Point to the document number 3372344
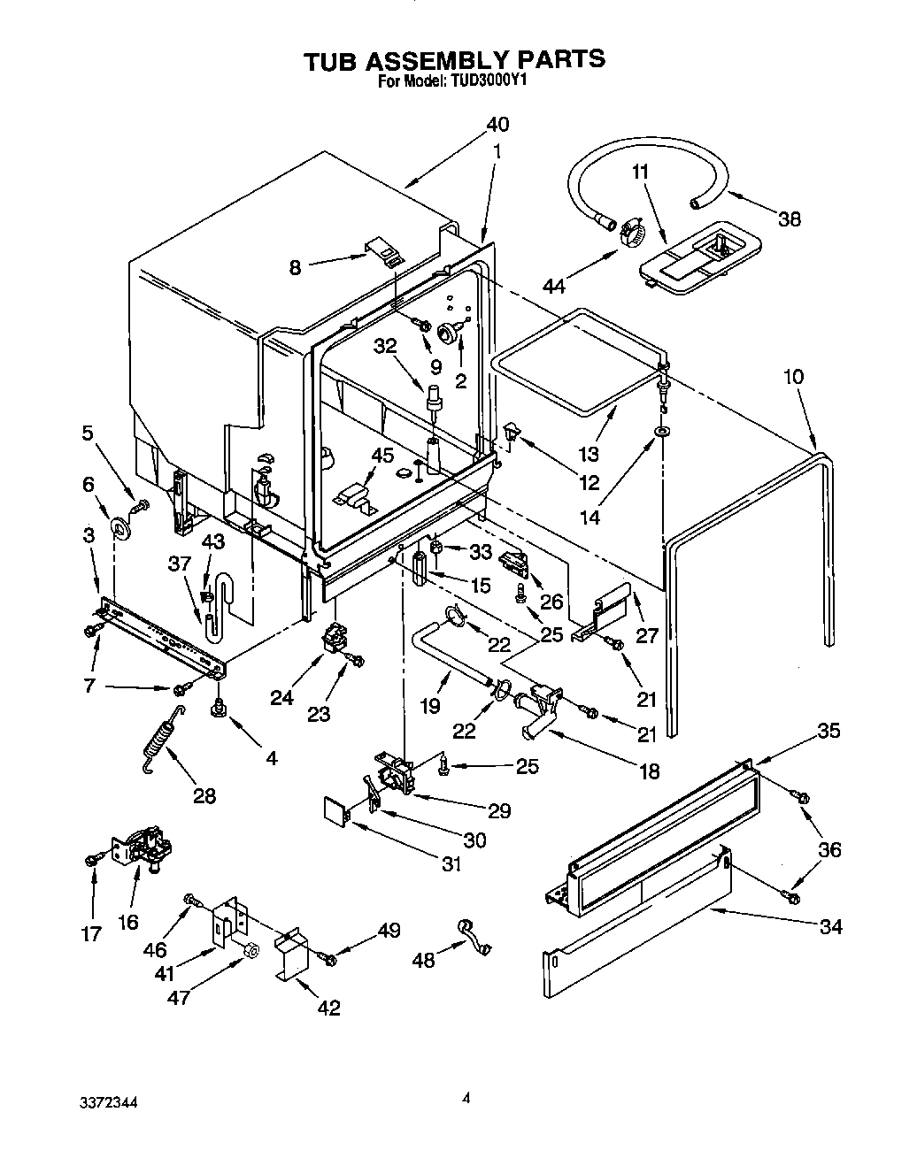[105, 1103]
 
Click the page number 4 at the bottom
[465, 1100]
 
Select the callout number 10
[793, 376]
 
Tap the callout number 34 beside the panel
[830, 927]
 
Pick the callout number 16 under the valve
[128, 923]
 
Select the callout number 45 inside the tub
[381, 456]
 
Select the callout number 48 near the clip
[424, 959]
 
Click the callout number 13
[588, 455]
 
